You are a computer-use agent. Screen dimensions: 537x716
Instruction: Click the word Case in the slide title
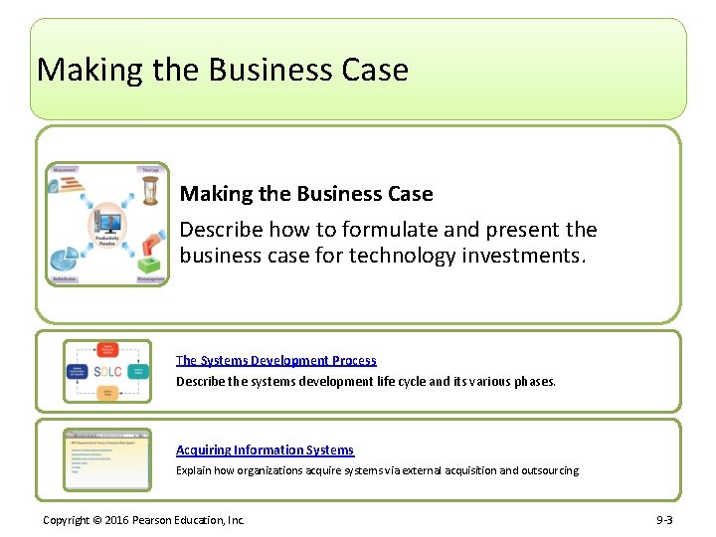374,70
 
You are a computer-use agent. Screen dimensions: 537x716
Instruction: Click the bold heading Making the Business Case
306,194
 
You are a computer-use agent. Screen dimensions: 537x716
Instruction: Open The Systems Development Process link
276,360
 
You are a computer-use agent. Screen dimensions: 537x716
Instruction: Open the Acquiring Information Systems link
265,450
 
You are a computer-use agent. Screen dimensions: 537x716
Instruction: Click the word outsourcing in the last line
547,470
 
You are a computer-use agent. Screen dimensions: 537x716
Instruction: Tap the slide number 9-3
663,520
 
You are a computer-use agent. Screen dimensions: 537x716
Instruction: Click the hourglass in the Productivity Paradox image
150,190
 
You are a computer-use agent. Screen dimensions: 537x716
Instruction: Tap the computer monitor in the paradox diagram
106,221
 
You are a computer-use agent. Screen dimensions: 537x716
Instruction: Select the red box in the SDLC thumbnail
107,350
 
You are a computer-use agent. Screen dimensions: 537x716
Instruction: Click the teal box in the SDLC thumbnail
138,372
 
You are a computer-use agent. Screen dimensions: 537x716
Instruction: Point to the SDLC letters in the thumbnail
107,372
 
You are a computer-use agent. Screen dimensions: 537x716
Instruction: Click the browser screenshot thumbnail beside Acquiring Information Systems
107,459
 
